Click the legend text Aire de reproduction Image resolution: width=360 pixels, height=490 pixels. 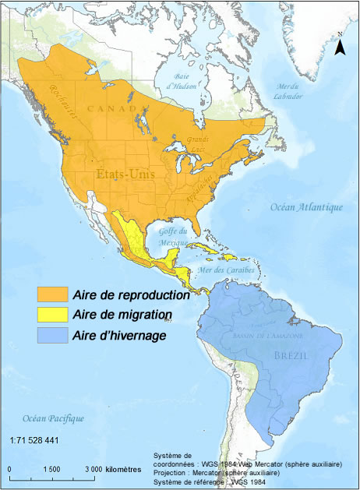(x=131, y=295)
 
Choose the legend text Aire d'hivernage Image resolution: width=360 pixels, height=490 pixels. (x=120, y=336)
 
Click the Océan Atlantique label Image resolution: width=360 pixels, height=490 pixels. (x=306, y=207)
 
